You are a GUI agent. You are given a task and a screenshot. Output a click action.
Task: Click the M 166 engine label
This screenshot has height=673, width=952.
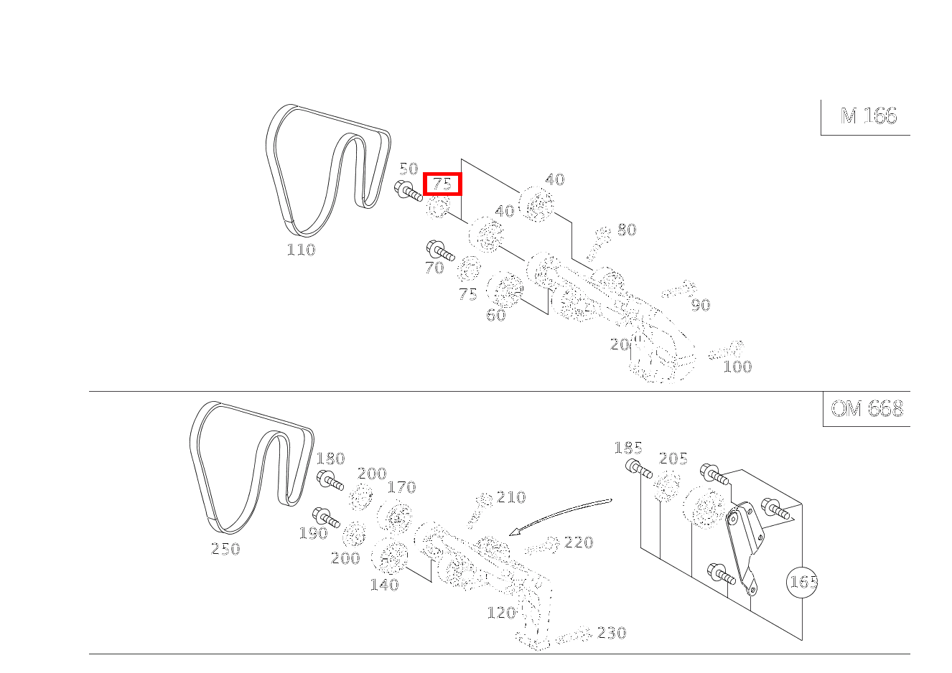[x=868, y=116]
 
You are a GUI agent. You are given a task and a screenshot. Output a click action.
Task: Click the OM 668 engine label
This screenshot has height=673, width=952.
[x=867, y=409]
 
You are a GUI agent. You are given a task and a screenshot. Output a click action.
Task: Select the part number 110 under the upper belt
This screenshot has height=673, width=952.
[x=301, y=250]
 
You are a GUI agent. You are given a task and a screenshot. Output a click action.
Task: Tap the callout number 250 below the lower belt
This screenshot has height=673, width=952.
[x=225, y=549]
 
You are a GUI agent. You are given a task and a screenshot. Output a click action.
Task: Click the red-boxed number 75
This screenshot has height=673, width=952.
[x=442, y=184]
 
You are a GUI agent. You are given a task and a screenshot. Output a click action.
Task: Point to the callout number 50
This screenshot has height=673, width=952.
[x=409, y=169]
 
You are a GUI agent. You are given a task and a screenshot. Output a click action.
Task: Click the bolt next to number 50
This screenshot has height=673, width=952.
[x=408, y=192]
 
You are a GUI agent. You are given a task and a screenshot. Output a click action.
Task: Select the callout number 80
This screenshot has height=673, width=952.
[x=627, y=230]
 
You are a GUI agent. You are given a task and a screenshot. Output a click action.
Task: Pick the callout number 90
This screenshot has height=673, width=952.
[x=701, y=305]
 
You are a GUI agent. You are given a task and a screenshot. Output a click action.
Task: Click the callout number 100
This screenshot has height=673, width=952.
[x=737, y=367]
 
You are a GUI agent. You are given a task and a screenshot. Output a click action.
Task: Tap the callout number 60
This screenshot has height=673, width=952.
[x=496, y=315]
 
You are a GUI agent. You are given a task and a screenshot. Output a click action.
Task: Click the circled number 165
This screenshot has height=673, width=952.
[x=802, y=582]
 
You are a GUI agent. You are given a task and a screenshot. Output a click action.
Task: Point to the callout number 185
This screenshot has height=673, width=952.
[x=628, y=448]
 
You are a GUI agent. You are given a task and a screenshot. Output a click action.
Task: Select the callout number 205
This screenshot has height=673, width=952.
[x=673, y=458]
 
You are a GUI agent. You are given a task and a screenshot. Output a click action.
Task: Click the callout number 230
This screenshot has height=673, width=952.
[x=612, y=633]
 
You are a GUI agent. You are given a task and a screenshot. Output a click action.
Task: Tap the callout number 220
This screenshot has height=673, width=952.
[x=579, y=542]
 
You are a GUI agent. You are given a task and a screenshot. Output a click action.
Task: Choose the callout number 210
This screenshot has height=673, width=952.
[x=511, y=497]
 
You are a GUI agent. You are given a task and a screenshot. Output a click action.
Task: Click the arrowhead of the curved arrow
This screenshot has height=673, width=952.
[x=514, y=532]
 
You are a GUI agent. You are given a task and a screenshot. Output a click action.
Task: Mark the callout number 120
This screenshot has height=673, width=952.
[x=502, y=613]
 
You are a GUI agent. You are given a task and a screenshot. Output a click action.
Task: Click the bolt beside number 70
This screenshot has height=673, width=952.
[x=440, y=250]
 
